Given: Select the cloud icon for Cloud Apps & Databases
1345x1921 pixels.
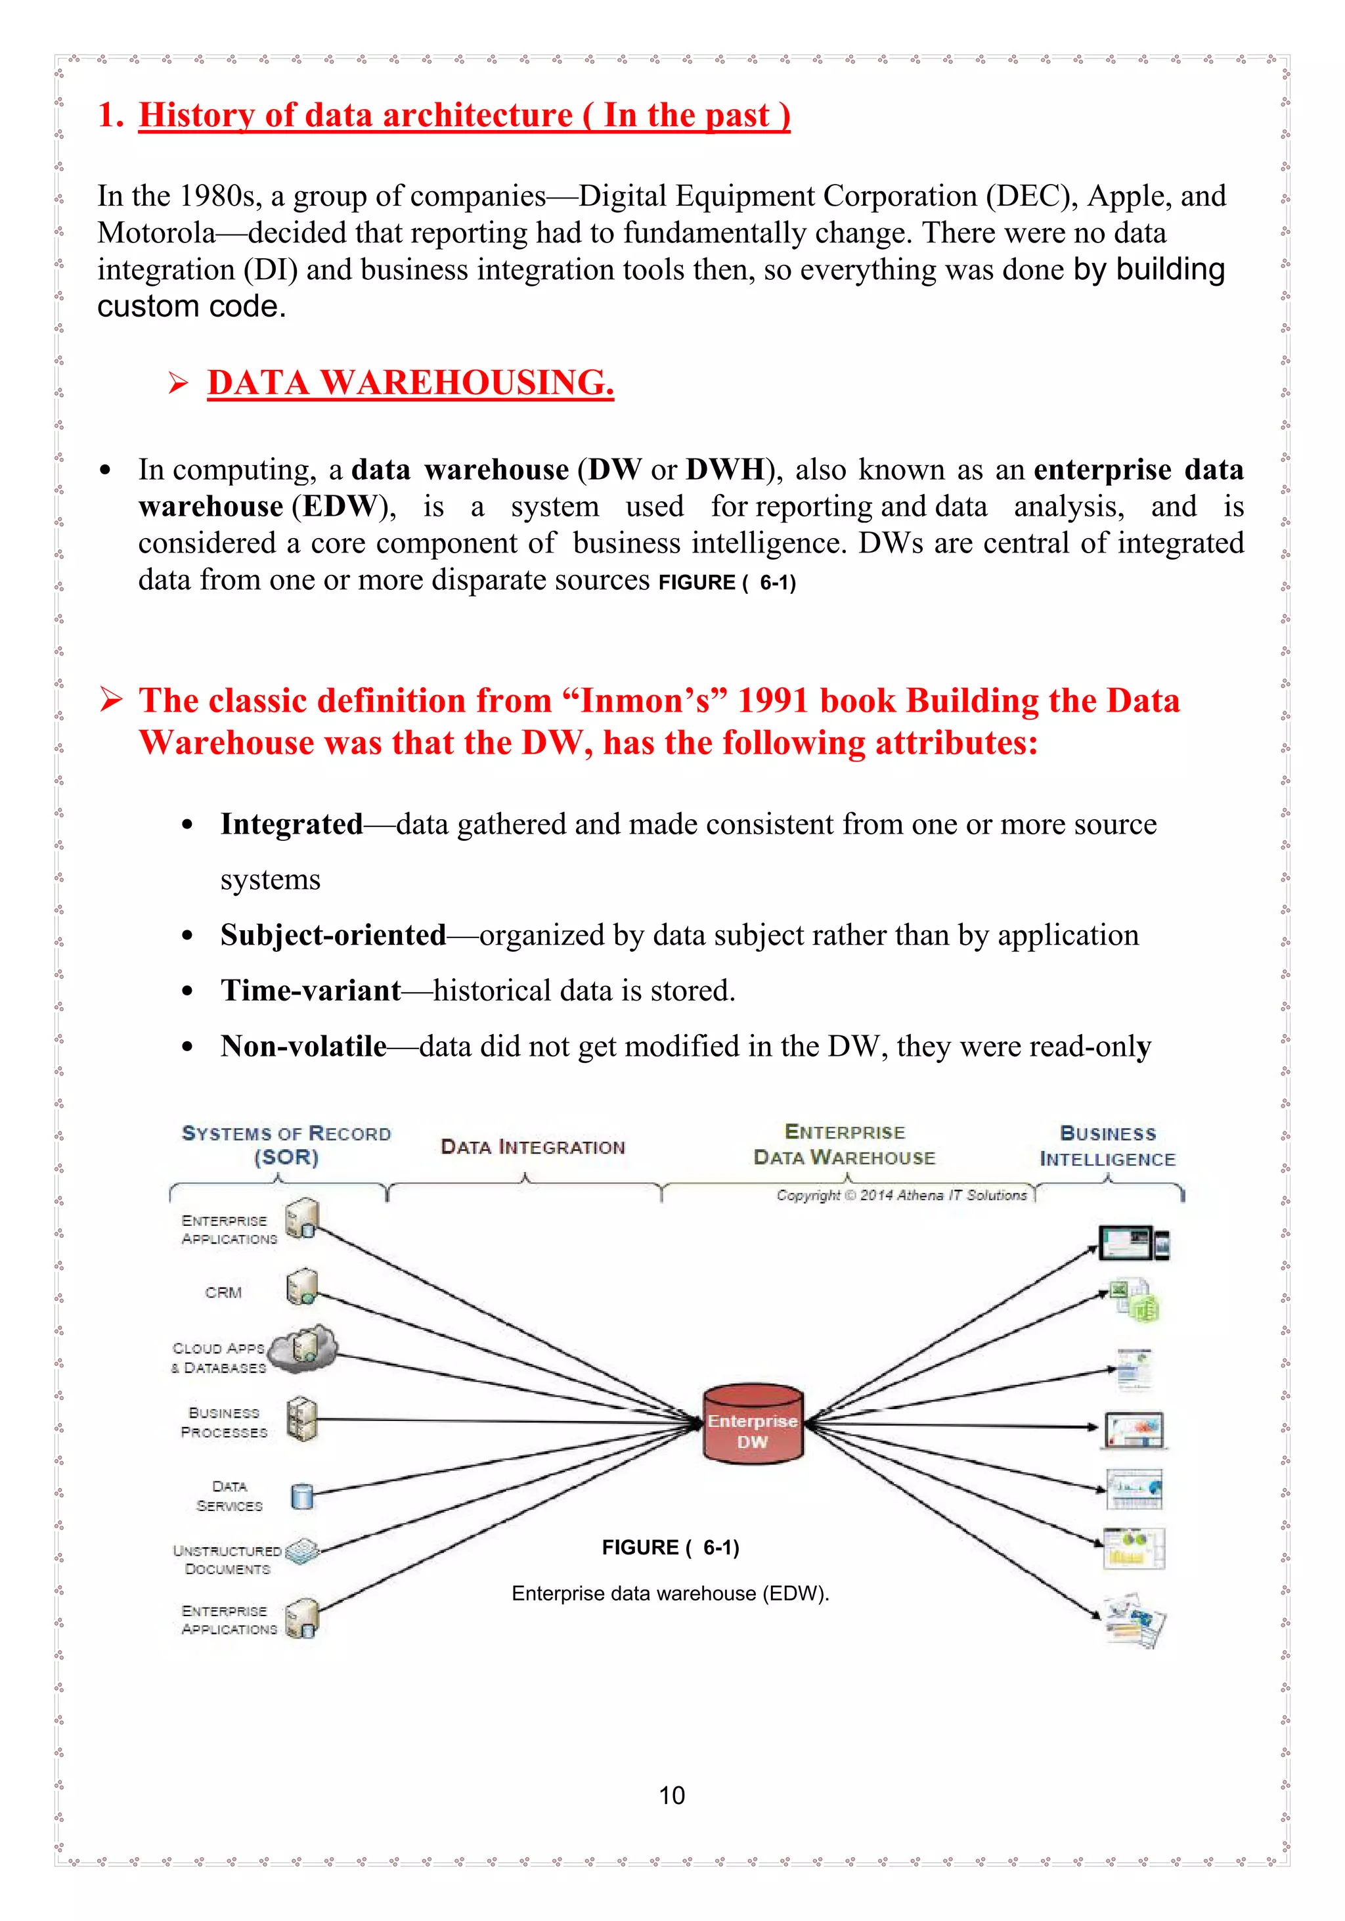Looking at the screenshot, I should (303, 1349).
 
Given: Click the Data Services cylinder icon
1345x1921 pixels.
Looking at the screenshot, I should (302, 1495).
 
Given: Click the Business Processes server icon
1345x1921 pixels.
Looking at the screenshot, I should (301, 1419).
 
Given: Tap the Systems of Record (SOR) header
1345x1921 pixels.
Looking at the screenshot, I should (286, 1144).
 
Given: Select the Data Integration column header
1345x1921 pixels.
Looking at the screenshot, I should (533, 1147).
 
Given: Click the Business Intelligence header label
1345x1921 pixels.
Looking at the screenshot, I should (1107, 1146).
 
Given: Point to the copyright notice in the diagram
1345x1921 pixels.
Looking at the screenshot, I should (901, 1195).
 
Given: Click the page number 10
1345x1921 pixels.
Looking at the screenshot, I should (672, 1795).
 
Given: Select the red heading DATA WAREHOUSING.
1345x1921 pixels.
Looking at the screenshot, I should (410, 383).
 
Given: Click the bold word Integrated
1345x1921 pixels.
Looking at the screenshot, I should (291, 824).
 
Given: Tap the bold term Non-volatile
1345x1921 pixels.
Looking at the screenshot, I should (303, 1046).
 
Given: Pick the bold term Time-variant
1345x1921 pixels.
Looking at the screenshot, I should (311, 991).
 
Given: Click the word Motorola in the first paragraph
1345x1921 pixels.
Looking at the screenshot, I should (156, 233).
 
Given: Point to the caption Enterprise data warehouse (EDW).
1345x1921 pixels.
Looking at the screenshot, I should (670, 1593).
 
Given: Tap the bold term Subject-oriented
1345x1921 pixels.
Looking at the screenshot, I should (333, 936).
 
